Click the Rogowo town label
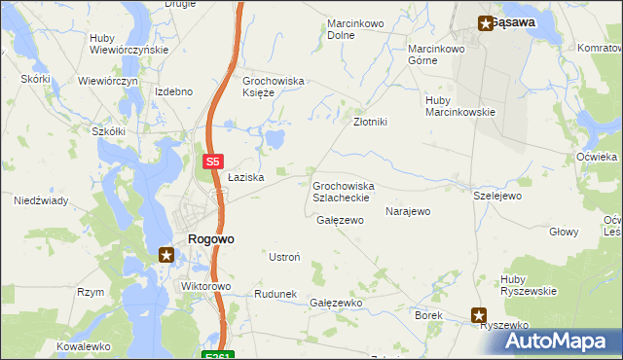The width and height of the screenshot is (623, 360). tap(210, 238)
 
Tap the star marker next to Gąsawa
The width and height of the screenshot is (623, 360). tap(484, 23)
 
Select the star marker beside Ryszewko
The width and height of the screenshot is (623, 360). tap(479, 314)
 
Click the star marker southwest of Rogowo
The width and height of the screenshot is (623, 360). tap(166, 256)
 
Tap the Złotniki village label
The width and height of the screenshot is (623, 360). tap(370, 122)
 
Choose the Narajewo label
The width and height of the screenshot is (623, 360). tap(408, 211)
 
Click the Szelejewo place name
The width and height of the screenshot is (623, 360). tap(497, 196)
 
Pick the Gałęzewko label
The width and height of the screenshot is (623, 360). tap(336, 303)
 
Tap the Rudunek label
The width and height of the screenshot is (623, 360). tap(275, 294)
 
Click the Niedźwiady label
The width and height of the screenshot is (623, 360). tap(40, 200)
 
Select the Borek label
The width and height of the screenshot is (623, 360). tap(429, 316)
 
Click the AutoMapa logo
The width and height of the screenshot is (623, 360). tap(557, 340)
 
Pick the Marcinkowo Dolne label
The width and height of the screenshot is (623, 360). tap(354, 28)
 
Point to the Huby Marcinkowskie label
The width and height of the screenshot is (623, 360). tap(460, 105)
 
